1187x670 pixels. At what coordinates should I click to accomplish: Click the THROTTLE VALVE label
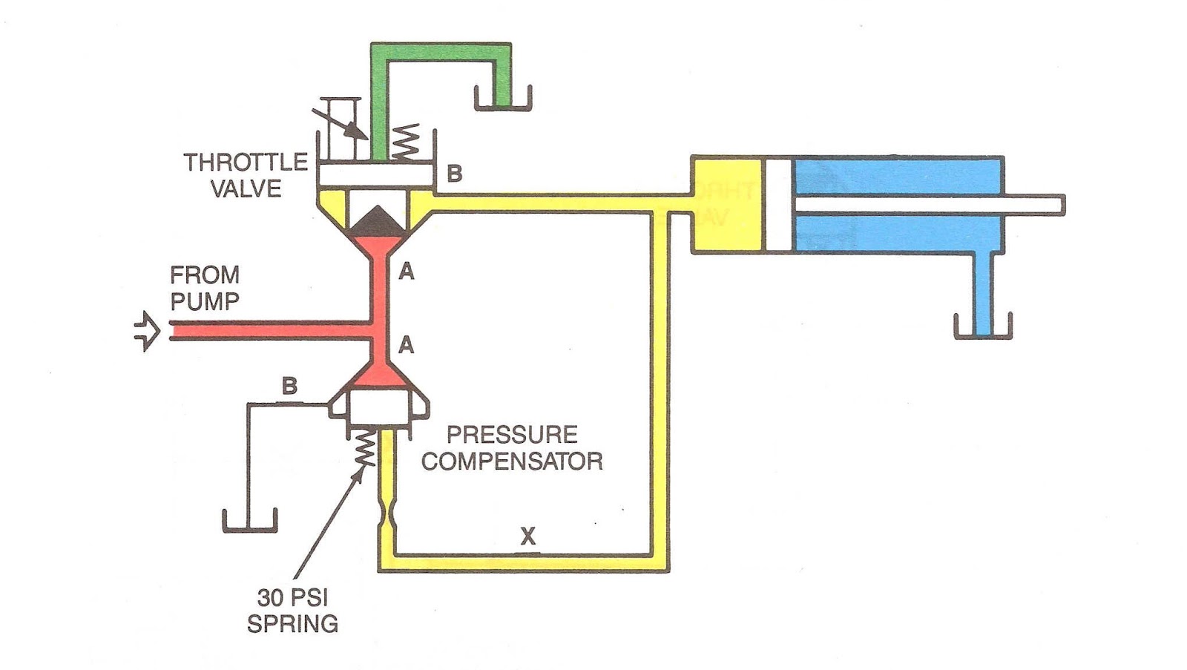[x=246, y=175]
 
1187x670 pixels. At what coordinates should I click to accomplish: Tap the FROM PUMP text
[x=205, y=288]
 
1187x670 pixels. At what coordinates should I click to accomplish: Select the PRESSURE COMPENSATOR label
[x=512, y=447]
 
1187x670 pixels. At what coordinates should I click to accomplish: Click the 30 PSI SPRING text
[x=292, y=611]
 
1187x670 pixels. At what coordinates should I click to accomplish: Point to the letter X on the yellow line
[x=527, y=536]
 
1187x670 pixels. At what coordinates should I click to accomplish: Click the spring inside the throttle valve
[x=404, y=143]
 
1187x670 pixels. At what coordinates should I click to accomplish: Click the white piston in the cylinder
[x=778, y=205]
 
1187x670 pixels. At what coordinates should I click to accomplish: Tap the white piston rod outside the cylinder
[x=1035, y=205]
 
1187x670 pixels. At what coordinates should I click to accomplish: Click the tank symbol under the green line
[x=502, y=100]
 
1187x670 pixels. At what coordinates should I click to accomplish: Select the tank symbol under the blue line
[x=983, y=329]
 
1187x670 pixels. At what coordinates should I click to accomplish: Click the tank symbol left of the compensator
[x=249, y=521]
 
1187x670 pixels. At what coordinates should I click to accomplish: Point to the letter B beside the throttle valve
[x=454, y=174]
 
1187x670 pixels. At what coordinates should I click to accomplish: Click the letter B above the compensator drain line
[x=289, y=386]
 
